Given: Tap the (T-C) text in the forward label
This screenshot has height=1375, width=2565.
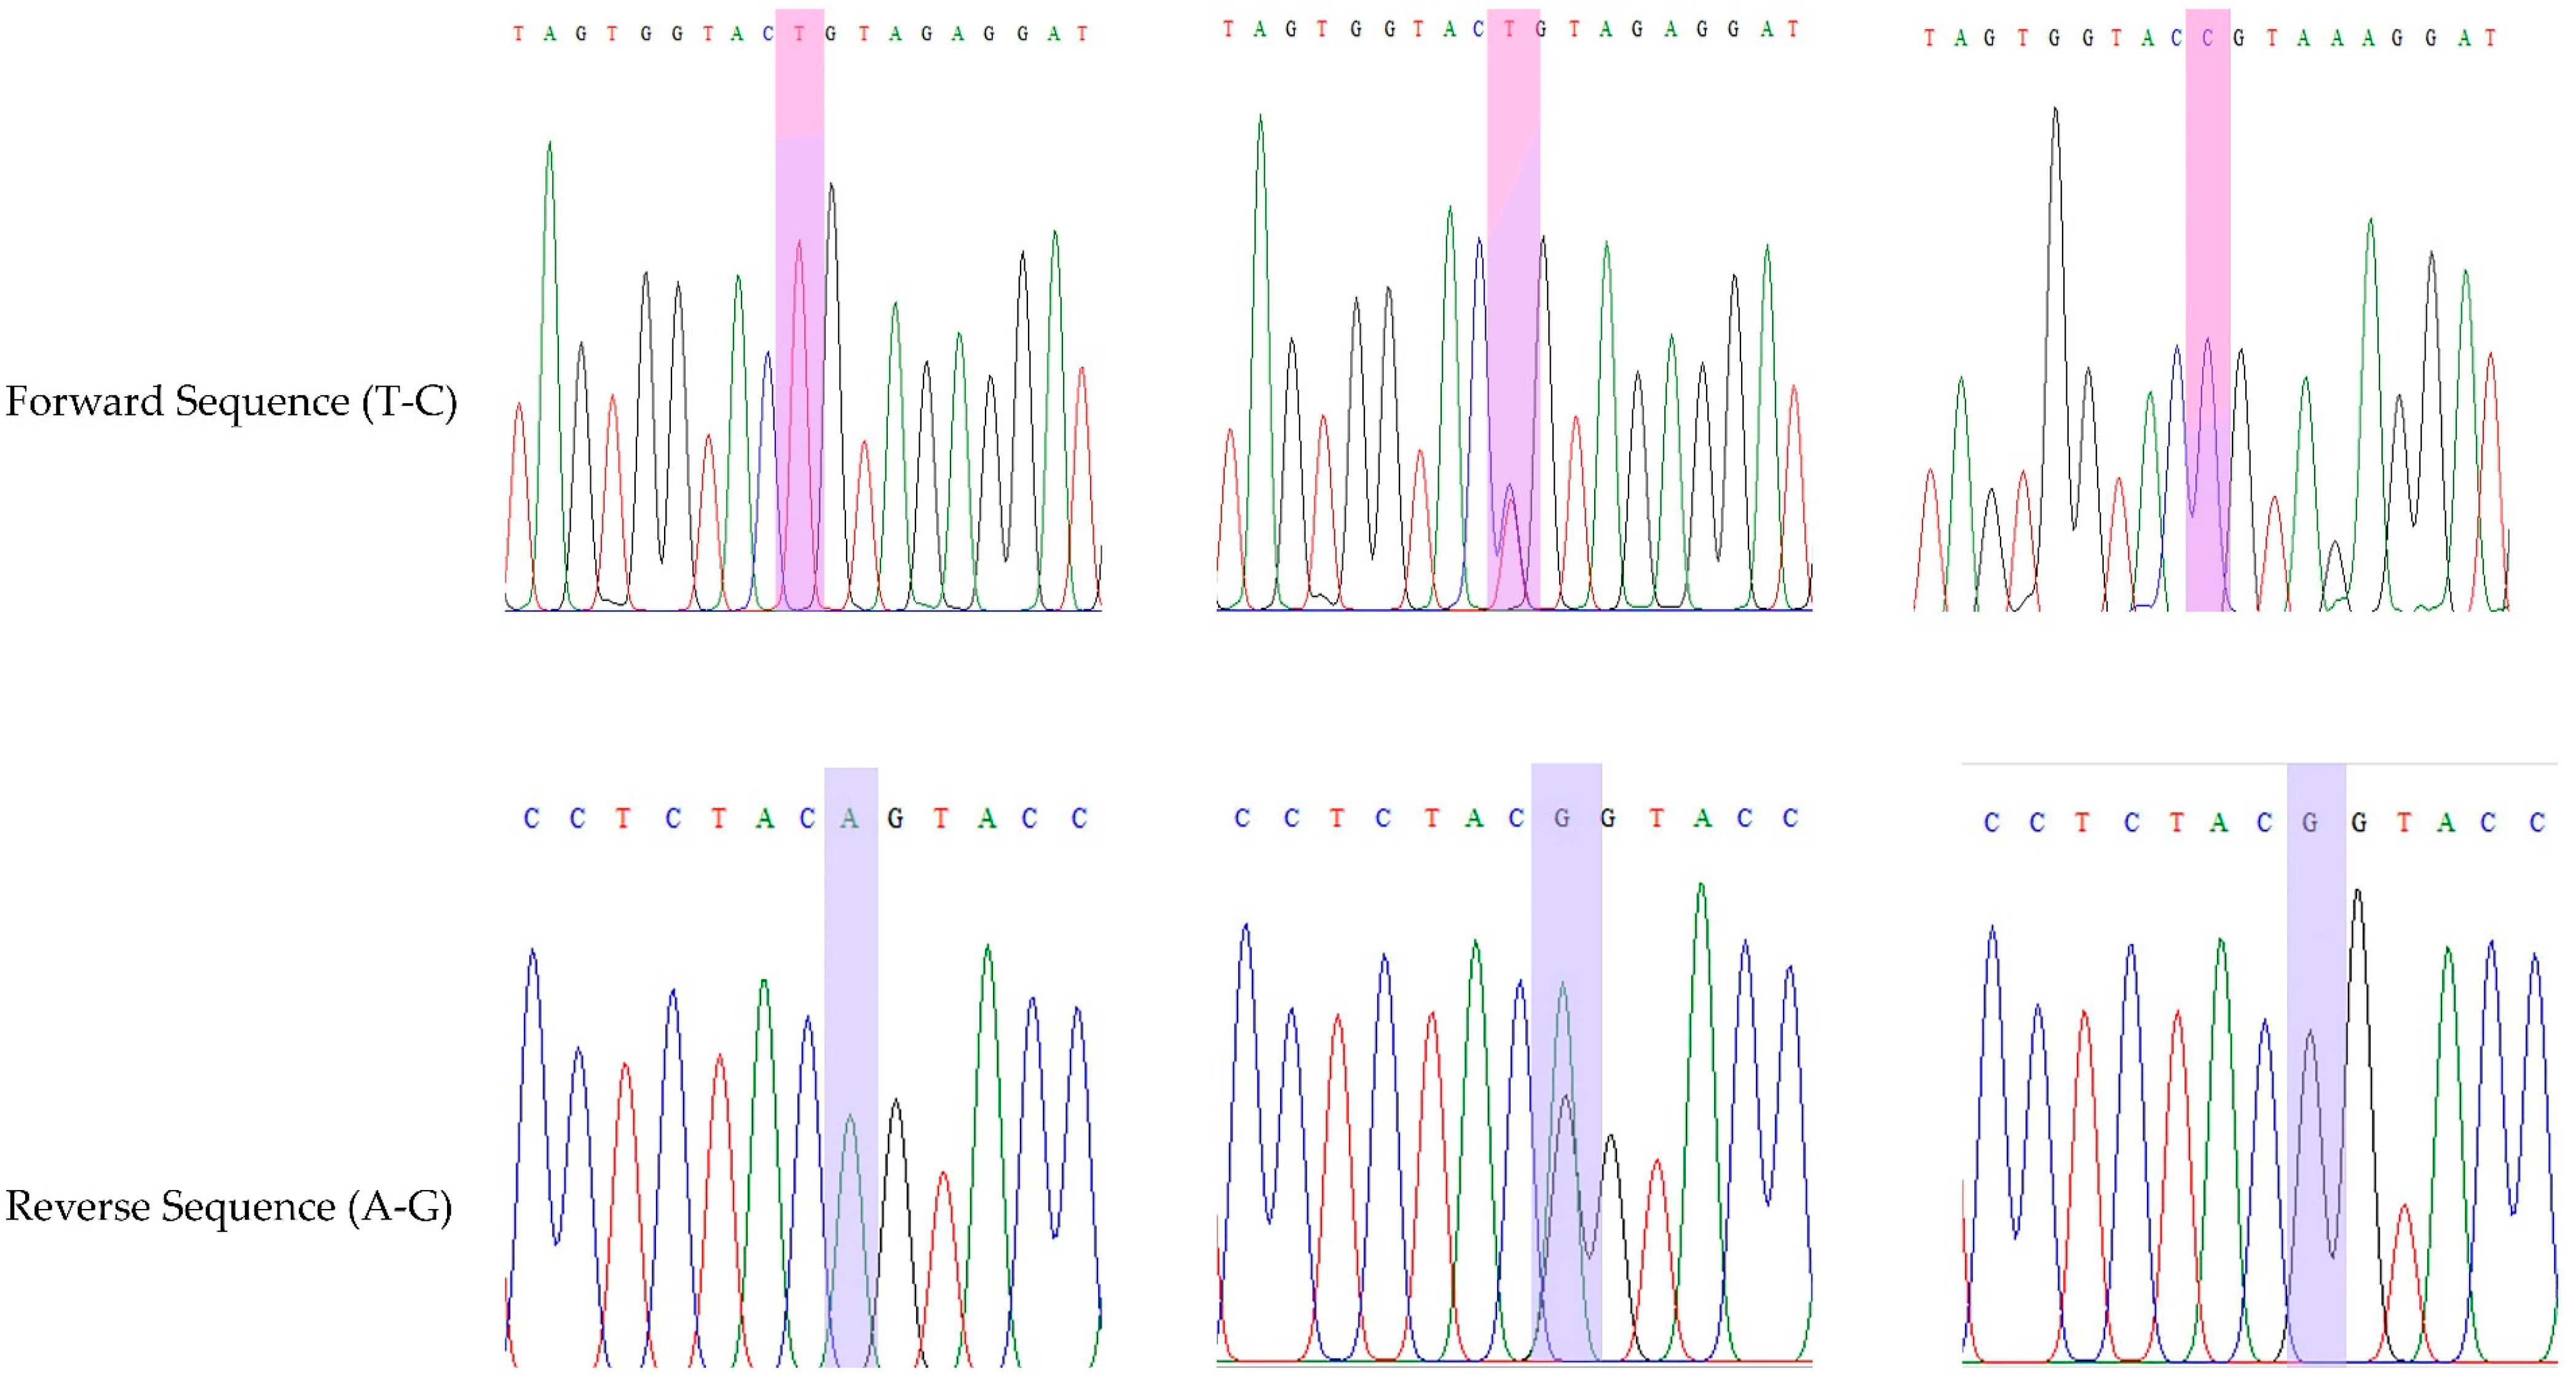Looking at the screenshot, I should [409, 401].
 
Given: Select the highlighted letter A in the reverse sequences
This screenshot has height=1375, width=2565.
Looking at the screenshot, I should [849, 819].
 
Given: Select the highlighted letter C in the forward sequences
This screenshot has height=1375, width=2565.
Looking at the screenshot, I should [2208, 39].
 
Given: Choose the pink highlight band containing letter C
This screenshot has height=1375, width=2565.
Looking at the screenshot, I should [2208, 309].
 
